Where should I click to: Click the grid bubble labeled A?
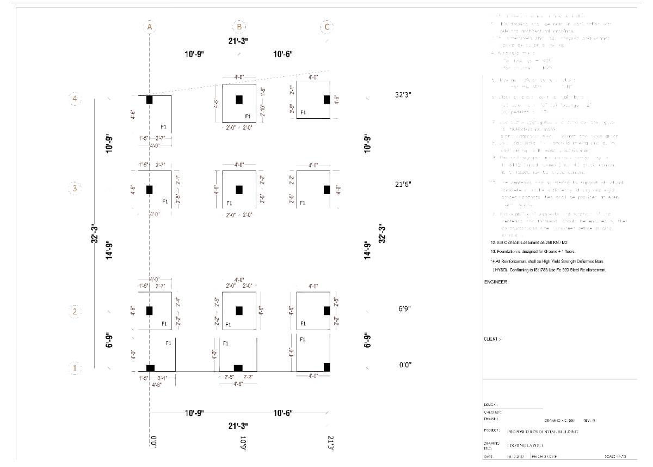[149, 27]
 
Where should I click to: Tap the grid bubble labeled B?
[239, 27]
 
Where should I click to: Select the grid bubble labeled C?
[326, 27]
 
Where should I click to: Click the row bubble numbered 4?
[75, 99]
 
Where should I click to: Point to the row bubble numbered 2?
[75, 312]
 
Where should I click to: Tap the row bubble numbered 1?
[75, 368]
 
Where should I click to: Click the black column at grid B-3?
[239, 189]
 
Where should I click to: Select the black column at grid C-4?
[326, 99]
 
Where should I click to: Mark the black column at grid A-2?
[149, 311]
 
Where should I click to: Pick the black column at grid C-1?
[326, 367]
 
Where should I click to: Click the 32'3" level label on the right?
[403, 95]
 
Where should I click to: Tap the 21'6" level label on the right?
[403, 184]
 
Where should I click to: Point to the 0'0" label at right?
[404, 365]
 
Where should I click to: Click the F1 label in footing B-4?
[248, 116]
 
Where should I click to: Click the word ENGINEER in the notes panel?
[496, 282]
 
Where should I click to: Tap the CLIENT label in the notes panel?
[493, 339]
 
